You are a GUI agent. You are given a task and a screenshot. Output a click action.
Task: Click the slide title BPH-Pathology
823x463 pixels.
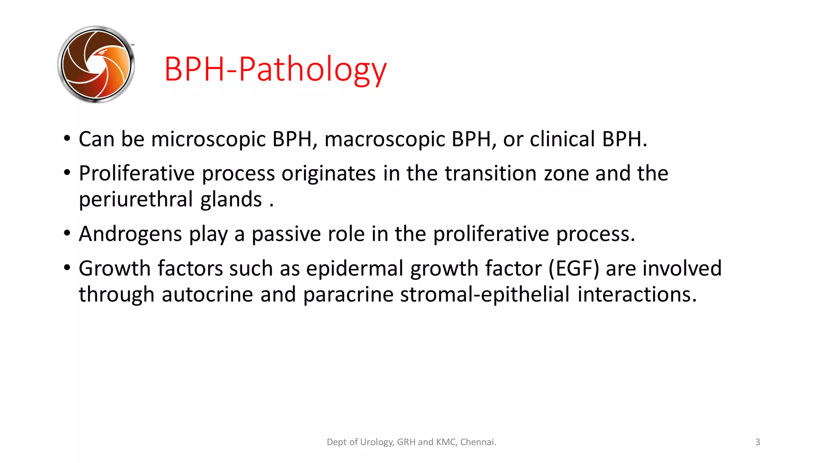pyautogui.click(x=275, y=69)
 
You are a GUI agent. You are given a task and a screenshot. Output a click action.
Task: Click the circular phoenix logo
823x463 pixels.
pyautogui.click(x=96, y=64)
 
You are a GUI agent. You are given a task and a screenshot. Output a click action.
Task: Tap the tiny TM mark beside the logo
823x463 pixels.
pyautogui.click(x=132, y=45)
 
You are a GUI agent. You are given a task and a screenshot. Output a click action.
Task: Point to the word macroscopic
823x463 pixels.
pyautogui.click(x=385, y=139)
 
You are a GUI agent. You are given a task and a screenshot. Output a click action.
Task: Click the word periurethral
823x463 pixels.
pyautogui.click(x=136, y=199)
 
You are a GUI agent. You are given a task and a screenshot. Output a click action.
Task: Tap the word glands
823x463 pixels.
pyautogui.click(x=231, y=199)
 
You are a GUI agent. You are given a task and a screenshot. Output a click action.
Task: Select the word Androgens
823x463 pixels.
pyautogui.click(x=130, y=234)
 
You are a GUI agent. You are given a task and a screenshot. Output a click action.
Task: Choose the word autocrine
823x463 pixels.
pyautogui.click(x=207, y=294)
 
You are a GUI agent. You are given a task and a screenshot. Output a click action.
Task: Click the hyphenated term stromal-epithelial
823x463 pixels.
pyautogui.click(x=485, y=294)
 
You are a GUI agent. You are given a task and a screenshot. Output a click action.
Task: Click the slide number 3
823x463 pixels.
pyautogui.click(x=757, y=442)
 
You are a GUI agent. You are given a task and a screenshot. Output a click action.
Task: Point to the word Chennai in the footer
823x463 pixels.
pyautogui.click(x=478, y=442)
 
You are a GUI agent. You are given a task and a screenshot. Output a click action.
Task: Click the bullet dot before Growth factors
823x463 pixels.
pyautogui.click(x=67, y=267)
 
